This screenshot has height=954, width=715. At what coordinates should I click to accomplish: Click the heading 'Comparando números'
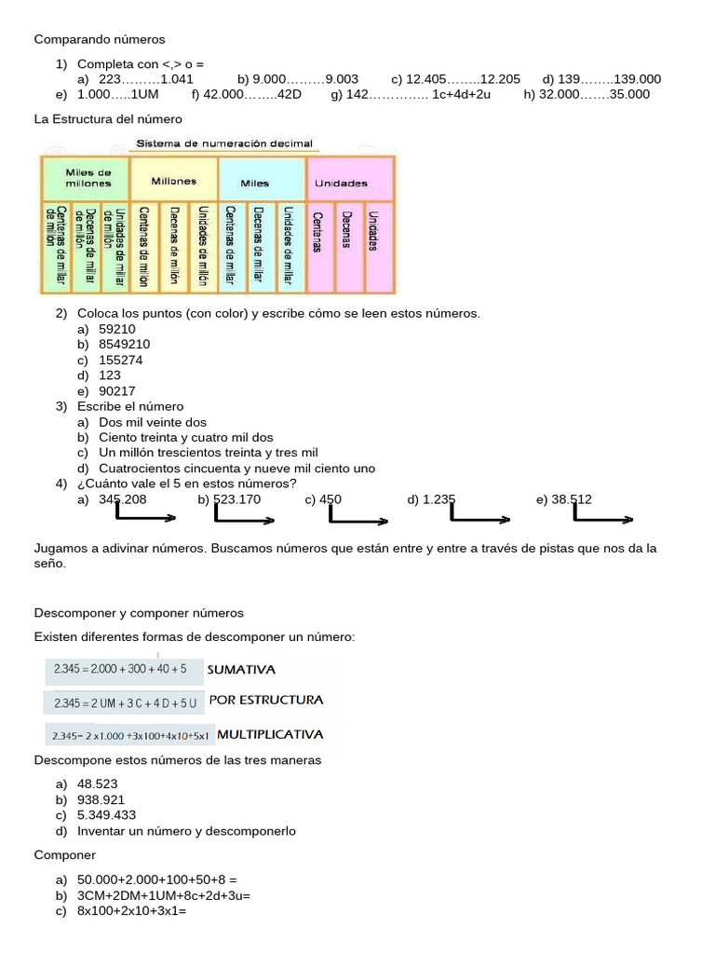tap(99, 39)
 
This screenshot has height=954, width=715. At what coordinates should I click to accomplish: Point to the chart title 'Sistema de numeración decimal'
tap(224, 143)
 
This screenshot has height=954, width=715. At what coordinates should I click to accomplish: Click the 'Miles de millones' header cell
tap(88, 178)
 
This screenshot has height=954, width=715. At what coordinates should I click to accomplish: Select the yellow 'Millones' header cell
tap(174, 182)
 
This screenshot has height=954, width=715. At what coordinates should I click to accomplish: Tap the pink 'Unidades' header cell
tap(341, 183)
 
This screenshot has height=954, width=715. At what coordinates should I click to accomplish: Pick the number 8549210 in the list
tap(124, 345)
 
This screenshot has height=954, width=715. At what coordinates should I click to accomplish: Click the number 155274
tap(121, 360)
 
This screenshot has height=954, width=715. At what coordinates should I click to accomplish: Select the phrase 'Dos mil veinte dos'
tap(153, 422)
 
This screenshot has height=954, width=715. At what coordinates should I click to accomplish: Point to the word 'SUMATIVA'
tap(241, 669)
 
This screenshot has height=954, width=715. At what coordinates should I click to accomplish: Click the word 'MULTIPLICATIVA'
tap(270, 734)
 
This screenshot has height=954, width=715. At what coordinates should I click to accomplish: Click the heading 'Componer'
tap(65, 855)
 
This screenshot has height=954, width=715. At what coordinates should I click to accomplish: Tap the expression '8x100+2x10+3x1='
tap(132, 911)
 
